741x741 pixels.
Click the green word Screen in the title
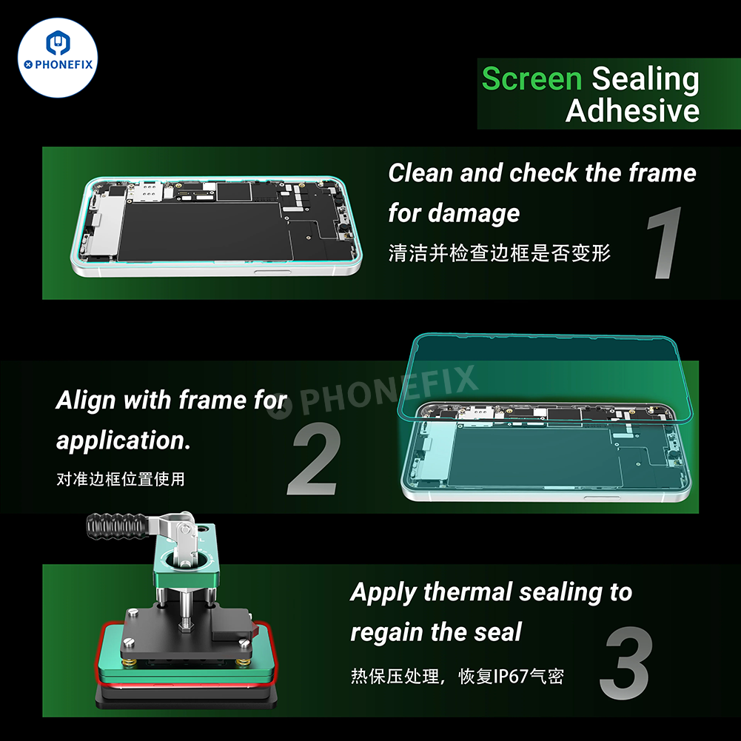coord(532,79)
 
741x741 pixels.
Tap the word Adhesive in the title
coord(632,111)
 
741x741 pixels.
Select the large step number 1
coord(663,245)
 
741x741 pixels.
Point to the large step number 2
coord(315,460)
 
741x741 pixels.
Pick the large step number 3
coord(626,664)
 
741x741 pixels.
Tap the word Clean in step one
coord(420,173)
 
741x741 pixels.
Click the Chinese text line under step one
coord(500,252)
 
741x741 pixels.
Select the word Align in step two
coord(86,400)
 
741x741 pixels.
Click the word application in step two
coord(122,440)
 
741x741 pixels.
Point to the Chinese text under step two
coord(121,479)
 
